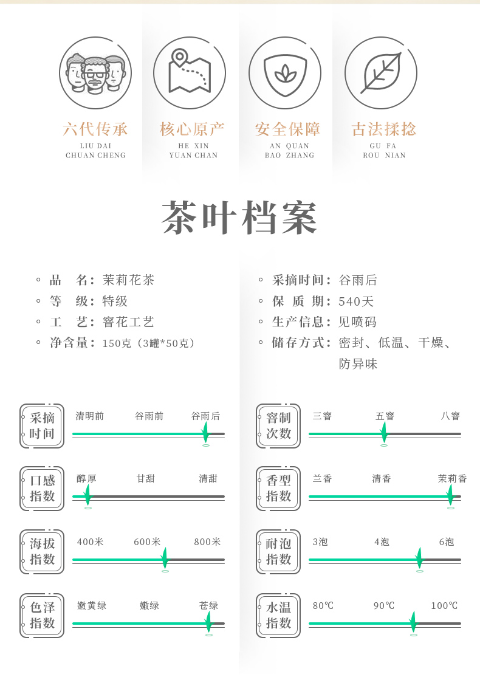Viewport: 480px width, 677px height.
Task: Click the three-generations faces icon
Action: [95, 73]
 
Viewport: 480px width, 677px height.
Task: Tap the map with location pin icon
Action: [190, 73]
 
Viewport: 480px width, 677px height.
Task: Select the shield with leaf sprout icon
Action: [285, 73]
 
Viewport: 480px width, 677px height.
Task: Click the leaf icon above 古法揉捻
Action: [381, 73]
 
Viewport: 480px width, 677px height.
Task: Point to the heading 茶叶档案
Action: [240, 218]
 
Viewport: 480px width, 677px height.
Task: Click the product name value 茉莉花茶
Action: [129, 280]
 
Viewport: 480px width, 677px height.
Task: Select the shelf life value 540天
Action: [357, 301]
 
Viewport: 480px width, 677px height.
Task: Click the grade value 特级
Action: [115, 301]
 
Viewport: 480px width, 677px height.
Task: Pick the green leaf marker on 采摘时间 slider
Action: [205, 433]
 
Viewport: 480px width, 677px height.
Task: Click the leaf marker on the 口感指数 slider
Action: [87, 495]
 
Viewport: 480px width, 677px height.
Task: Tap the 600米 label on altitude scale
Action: [147, 542]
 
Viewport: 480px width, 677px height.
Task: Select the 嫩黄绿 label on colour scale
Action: [92, 606]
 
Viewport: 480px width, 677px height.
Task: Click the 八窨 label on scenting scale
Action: [450, 416]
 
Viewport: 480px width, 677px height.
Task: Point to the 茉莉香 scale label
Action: [452, 479]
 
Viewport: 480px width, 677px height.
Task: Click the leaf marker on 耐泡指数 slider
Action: [419, 558]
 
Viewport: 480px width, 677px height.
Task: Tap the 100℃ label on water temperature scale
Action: [444, 606]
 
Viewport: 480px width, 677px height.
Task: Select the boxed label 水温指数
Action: [279, 616]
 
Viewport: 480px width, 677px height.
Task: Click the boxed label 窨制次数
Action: [279, 426]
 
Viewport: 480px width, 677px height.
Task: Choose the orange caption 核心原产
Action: [192, 129]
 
